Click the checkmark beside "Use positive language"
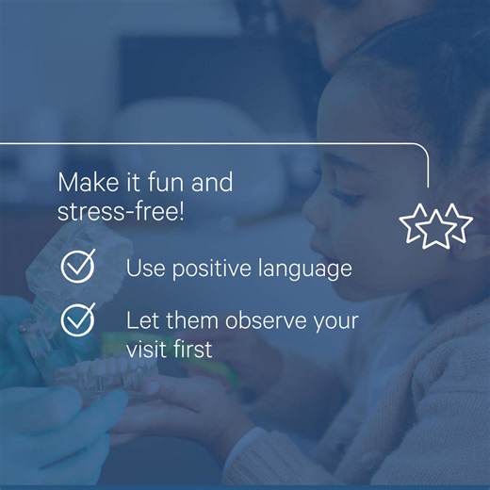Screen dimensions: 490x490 click(78, 267)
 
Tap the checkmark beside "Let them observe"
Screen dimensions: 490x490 click(78, 319)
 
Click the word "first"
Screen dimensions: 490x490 click(194, 349)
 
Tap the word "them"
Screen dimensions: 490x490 click(193, 320)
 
